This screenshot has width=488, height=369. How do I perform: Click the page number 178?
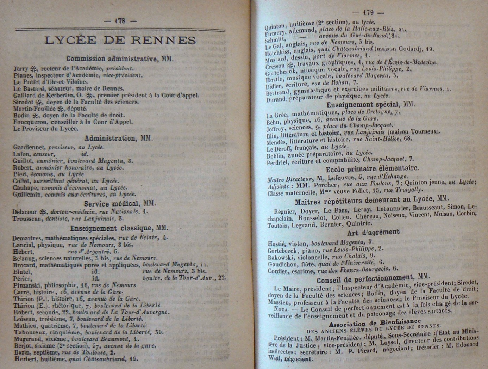(120, 21)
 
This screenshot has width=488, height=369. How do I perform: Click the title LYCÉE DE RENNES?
(120, 40)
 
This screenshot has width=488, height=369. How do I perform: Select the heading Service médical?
(120, 204)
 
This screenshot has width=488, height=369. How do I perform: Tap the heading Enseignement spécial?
(370, 105)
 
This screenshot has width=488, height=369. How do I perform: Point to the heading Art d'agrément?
(373, 232)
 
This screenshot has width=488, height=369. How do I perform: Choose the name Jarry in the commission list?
(21, 69)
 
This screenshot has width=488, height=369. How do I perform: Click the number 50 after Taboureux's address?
(159, 332)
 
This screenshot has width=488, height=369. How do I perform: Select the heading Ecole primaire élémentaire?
(372, 168)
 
